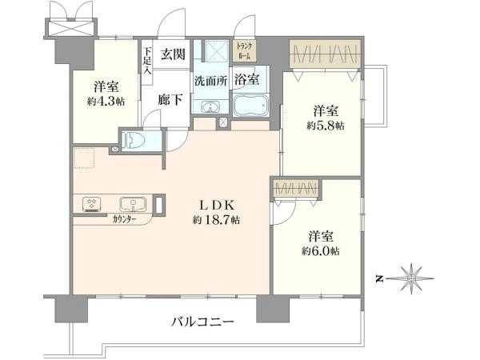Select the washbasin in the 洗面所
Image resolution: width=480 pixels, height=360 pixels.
click(x=210, y=107)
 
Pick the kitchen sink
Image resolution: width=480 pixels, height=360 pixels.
click(x=133, y=204)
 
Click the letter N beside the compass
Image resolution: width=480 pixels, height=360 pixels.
click(x=380, y=279)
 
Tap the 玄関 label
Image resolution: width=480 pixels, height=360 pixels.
click(x=173, y=54)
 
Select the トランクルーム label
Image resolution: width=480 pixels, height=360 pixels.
click(x=244, y=51)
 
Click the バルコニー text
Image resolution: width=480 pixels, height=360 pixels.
click(x=202, y=322)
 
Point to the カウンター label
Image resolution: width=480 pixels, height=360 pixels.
click(x=124, y=219)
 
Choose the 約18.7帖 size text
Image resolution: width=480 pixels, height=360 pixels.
click(x=216, y=220)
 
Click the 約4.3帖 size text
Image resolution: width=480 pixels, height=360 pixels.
click(x=106, y=102)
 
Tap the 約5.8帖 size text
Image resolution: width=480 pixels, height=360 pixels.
click(x=326, y=126)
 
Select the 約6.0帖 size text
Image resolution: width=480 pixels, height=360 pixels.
click(x=321, y=251)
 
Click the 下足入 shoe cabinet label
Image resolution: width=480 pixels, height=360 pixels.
click(x=148, y=61)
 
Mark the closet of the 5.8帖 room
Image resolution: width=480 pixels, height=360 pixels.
click(x=325, y=54)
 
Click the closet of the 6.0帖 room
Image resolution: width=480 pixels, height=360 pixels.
click(x=296, y=188)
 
